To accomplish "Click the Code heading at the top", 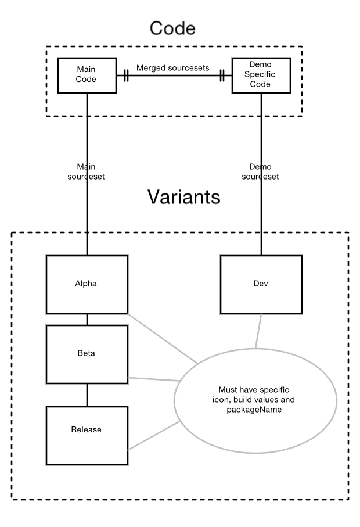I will [172, 27].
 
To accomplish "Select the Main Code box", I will [87, 75].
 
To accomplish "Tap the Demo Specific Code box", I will [261, 75].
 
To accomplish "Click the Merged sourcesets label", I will [172, 68].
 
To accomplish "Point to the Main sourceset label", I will [87, 171].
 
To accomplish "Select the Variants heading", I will [183, 197].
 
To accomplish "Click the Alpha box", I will [87, 285].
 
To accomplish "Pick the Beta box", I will [87, 353].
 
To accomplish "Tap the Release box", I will [87, 429].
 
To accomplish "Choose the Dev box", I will [261, 285].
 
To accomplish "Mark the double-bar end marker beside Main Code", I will [125, 76].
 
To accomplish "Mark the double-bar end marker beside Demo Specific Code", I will [222, 76].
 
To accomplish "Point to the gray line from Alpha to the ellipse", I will [163, 339].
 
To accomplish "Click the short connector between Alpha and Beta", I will [87, 319].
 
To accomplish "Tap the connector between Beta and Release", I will [87, 395].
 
